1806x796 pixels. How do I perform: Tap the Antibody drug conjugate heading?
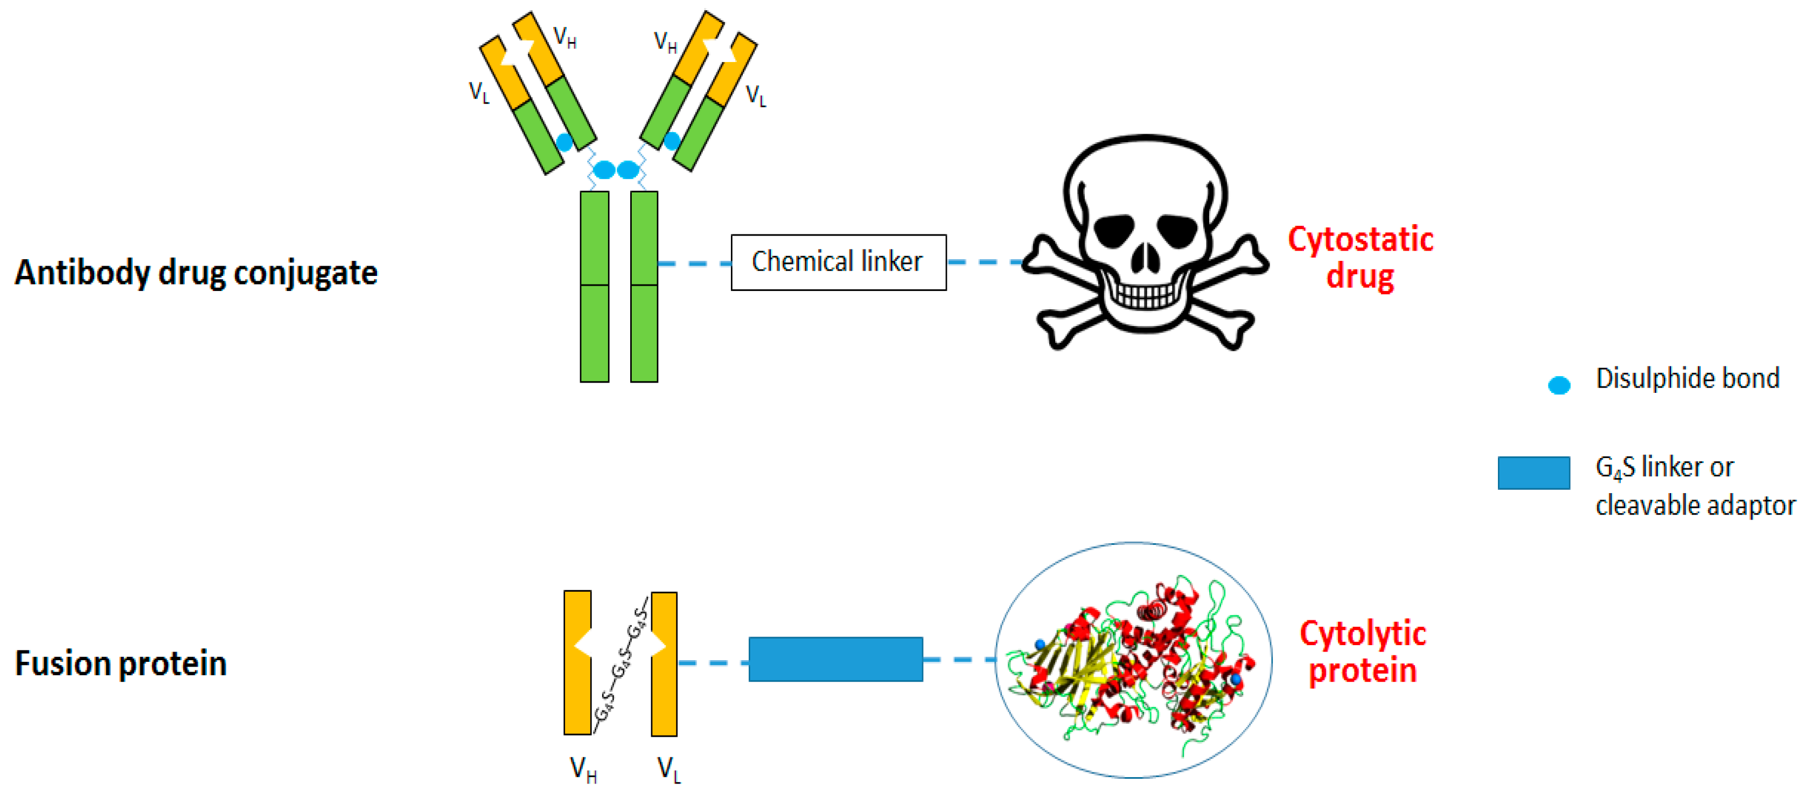(196, 273)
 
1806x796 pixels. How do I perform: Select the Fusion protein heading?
(121, 663)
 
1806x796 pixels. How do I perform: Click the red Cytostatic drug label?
(1360, 258)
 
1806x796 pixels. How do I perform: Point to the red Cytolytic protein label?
(1362, 652)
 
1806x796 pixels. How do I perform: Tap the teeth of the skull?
(1146, 295)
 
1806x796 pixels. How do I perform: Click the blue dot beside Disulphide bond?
(1559, 385)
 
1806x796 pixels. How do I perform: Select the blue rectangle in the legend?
(1533, 473)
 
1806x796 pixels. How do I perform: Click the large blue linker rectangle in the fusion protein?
(836, 659)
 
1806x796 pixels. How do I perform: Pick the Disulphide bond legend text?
(1687, 379)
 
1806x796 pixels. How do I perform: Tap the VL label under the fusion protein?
(668, 770)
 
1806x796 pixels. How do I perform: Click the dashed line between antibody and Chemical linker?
(694, 264)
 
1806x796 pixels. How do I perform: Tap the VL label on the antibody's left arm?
(479, 92)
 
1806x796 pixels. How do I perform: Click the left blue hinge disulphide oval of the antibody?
(604, 170)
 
